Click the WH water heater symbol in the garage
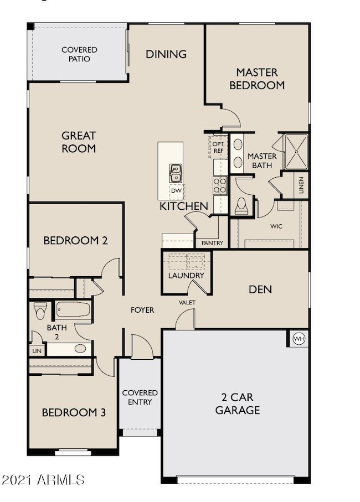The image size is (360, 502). [299, 338]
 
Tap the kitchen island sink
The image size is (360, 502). [176, 173]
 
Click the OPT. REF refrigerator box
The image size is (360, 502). [218, 147]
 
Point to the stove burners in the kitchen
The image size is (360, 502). [220, 184]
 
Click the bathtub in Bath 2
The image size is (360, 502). [73, 309]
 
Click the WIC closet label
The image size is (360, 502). [276, 226]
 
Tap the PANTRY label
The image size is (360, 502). [212, 243]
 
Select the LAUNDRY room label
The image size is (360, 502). [186, 275]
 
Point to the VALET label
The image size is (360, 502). [186, 302]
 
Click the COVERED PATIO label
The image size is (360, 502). [79, 54]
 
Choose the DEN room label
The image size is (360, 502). [260, 289]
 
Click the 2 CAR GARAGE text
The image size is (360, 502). [238, 404]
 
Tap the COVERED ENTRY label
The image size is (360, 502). [140, 397]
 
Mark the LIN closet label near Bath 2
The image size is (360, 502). [37, 351]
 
